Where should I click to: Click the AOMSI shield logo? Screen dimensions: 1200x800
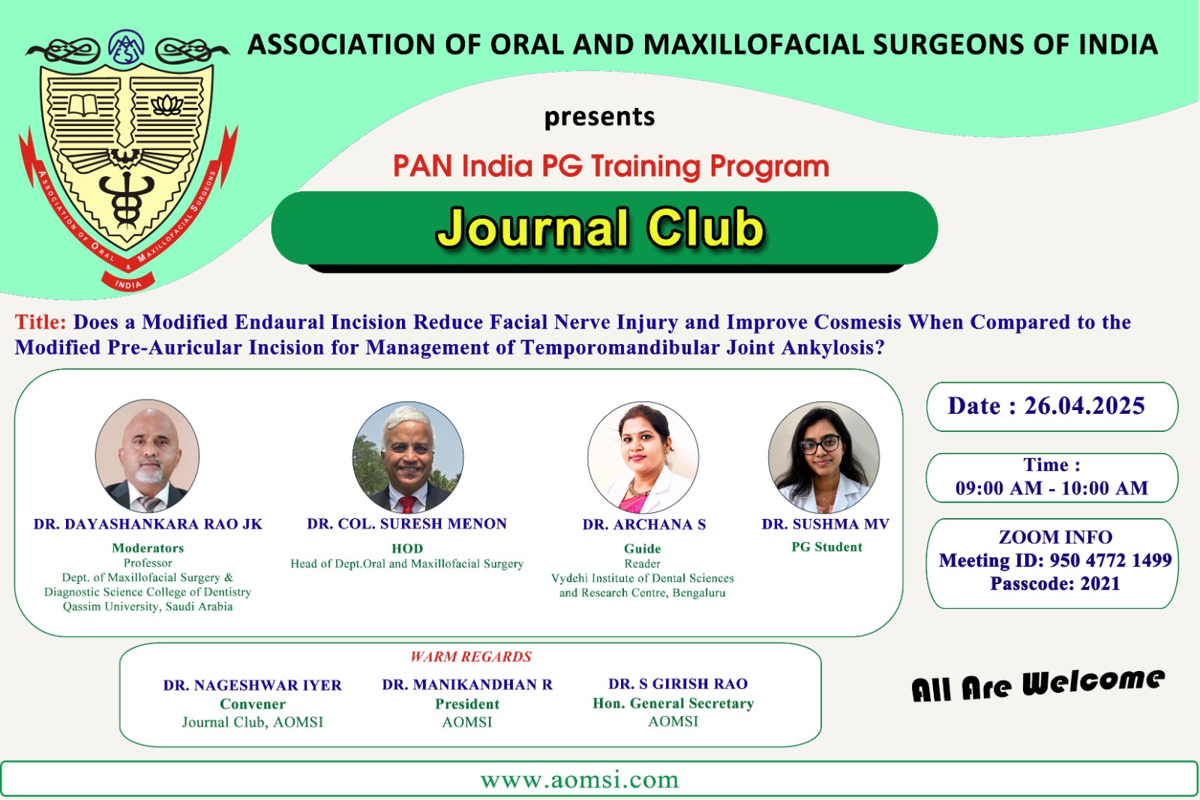click(127, 160)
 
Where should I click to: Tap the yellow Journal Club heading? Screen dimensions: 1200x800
click(601, 229)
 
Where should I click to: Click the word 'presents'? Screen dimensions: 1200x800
click(599, 117)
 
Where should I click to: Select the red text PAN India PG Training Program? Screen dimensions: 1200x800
click(610, 166)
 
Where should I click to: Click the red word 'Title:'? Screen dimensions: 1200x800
click(40, 322)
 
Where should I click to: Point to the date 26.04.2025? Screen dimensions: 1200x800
click(1084, 406)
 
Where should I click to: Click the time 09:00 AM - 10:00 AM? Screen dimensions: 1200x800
click(1051, 488)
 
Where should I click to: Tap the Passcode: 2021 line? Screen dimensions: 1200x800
click(1054, 583)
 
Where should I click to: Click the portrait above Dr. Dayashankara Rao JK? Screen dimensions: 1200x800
click(147, 456)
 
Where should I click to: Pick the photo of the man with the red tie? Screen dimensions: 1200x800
click(408, 457)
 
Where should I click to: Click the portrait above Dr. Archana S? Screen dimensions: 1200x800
click(643, 457)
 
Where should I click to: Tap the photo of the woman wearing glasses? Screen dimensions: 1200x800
click(824, 457)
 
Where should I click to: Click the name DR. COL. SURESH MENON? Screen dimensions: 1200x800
click(406, 523)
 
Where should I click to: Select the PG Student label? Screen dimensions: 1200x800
click(826, 547)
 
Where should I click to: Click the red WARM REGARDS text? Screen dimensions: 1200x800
click(471, 657)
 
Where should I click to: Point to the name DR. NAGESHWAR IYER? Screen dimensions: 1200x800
click(252, 685)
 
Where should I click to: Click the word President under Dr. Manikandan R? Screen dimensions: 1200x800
click(467, 703)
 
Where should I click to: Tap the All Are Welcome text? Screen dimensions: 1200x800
click(1038, 685)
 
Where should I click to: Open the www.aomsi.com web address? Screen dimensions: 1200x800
click(580, 780)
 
